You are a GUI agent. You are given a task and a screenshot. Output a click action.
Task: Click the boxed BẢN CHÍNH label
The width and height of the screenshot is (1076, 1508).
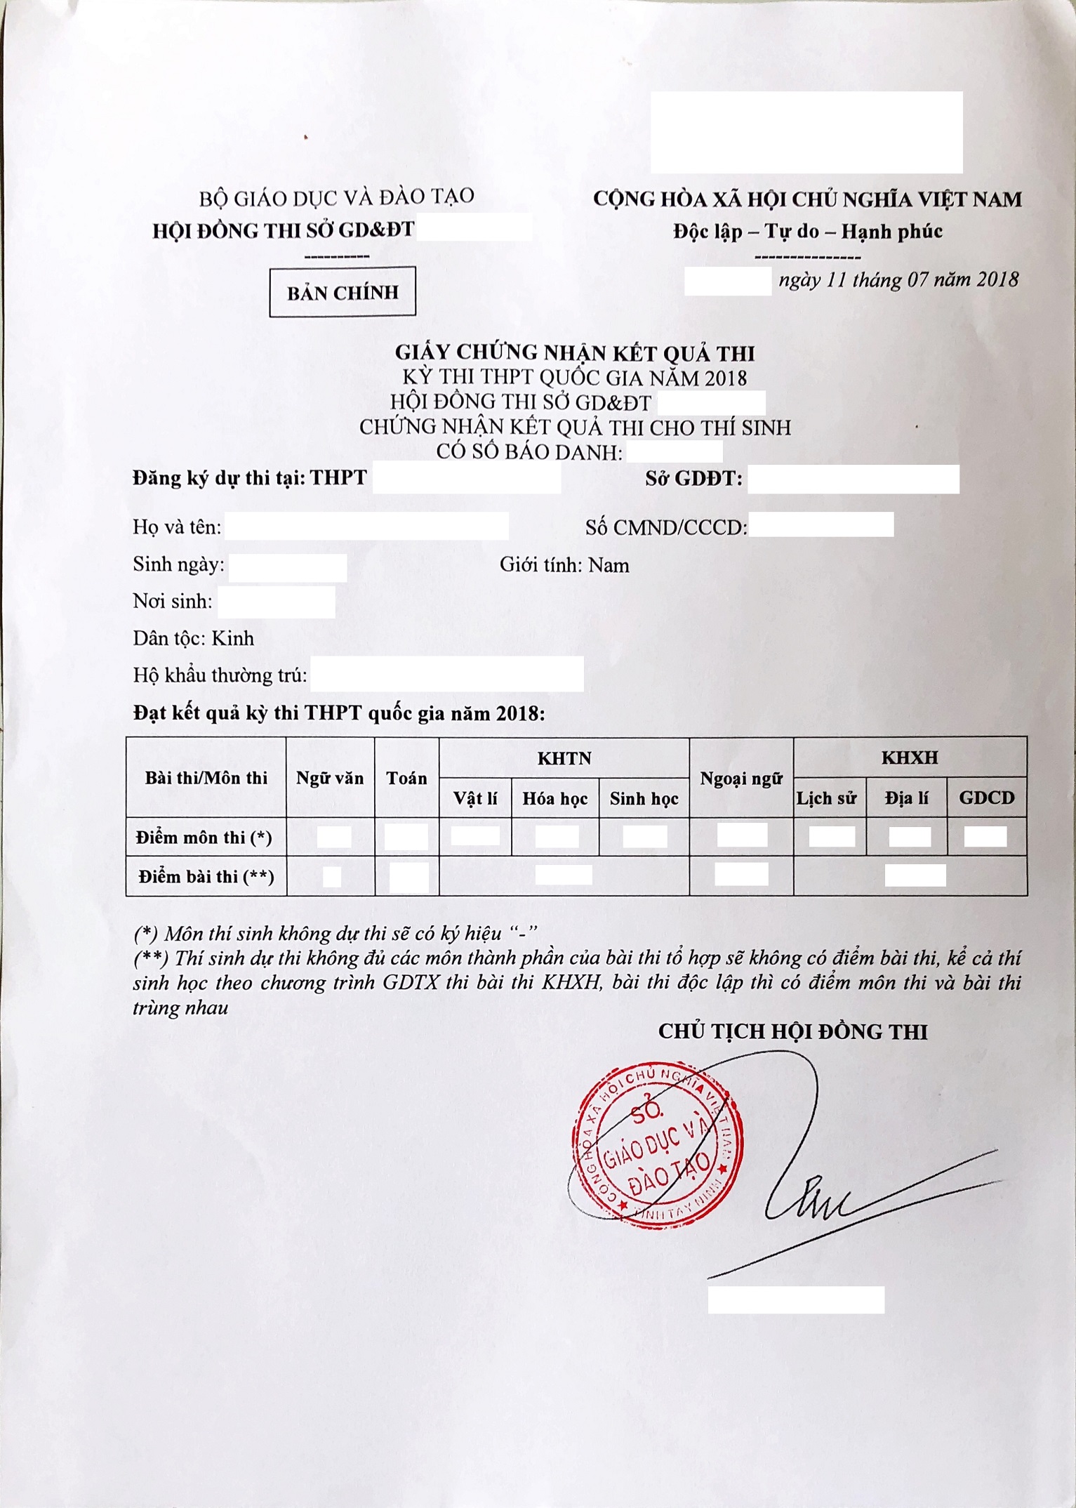point(343,292)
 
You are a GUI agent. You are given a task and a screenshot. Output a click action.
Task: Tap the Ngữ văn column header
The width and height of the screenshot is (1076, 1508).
point(330,778)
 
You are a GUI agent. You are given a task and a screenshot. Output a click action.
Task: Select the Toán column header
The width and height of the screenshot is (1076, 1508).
point(406,778)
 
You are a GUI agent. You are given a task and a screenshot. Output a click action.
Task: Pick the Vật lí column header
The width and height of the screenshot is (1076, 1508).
point(475,798)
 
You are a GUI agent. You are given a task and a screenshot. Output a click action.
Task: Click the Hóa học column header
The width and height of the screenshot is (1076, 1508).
point(554,798)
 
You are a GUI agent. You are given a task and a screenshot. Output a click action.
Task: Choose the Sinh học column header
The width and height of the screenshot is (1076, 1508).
point(644,798)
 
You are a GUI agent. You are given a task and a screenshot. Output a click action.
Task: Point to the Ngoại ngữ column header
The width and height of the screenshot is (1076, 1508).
point(740,778)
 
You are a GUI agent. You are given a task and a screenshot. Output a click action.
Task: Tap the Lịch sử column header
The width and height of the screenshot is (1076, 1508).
point(827,798)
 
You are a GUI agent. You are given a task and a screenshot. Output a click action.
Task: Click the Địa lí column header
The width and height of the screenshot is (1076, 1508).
point(906,798)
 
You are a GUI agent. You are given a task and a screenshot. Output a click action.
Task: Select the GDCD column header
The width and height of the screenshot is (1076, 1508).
point(986,798)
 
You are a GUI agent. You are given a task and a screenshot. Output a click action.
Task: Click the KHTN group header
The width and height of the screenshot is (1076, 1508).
point(564,758)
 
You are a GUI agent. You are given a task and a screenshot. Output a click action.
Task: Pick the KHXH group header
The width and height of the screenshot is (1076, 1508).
point(910,758)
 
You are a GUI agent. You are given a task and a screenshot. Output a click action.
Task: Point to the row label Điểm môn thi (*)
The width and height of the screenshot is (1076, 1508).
point(204,837)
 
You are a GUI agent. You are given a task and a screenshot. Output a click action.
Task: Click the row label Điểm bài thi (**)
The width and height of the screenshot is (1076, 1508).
point(206,876)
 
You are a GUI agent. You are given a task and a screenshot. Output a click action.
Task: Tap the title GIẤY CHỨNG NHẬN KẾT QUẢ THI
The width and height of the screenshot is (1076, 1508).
point(574,352)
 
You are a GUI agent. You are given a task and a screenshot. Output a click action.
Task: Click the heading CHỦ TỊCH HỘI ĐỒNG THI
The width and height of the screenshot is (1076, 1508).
point(792,1031)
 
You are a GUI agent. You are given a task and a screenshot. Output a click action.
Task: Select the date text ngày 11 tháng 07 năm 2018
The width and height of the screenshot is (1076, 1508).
point(898,280)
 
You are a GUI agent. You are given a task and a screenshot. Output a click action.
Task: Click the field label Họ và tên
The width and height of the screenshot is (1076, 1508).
point(177,527)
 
